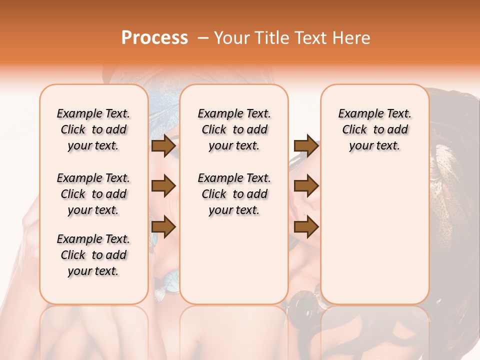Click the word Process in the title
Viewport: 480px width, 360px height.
[x=154, y=38]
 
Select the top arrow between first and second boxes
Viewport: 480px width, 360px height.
[x=163, y=145]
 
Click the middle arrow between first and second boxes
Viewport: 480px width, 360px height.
[x=163, y=186]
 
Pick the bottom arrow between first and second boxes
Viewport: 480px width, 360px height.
[x=163, y=226]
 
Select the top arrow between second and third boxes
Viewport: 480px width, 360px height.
[x=306, y=145]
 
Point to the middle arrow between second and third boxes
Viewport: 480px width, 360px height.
[x=306, y=186]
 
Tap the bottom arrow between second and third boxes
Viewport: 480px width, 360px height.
[x=306, y=226]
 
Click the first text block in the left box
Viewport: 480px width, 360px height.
[x=93, y=129]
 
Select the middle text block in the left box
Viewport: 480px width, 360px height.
[x=93, y=194]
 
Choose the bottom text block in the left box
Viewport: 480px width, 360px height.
[x=93, y=255]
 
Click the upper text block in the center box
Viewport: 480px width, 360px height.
[x=234, y=129]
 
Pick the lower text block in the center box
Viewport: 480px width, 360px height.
[x=234, y=194]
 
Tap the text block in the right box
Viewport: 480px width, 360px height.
[x=375, y=129]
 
